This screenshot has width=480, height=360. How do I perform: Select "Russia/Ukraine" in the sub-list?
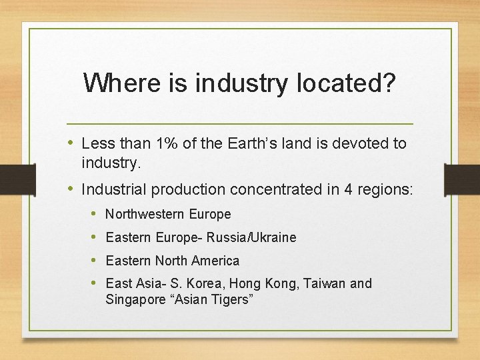[251, 237]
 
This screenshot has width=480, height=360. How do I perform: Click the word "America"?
[215, 261]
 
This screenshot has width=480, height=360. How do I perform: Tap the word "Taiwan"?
[325, 283]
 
